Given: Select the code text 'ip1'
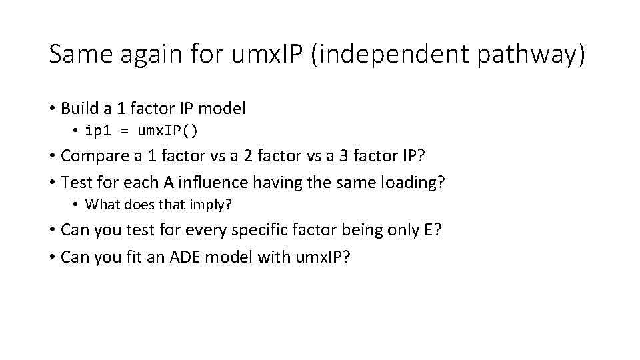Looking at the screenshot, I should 97,130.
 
